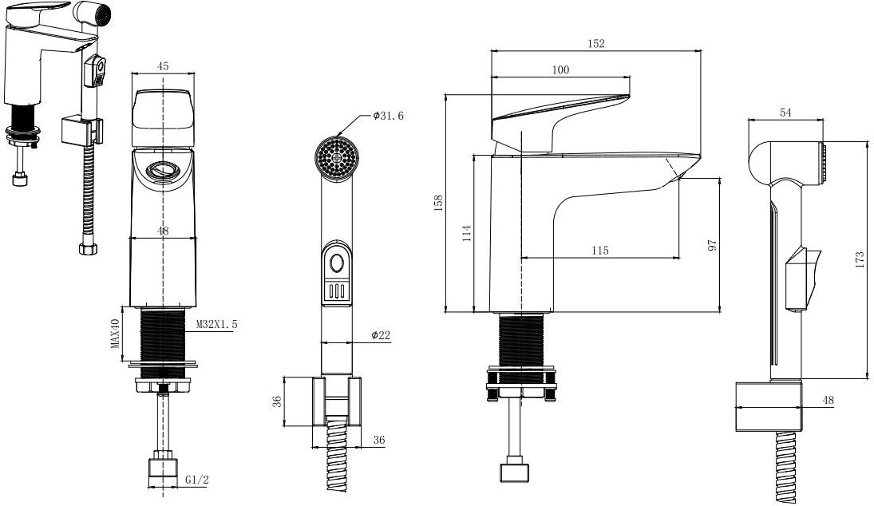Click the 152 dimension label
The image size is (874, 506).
(596, 43)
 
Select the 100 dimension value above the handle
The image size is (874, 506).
(560, 69)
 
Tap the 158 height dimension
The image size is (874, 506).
(439, 202)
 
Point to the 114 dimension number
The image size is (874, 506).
(467, 233)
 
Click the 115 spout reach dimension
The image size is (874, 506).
(599, 251)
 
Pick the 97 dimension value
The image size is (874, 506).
(712, 245)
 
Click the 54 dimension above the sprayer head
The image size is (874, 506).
(785, 113)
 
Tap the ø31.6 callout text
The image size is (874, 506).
(388, 116)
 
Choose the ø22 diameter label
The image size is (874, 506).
(381, 335)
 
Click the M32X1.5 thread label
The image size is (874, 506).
(217, 324)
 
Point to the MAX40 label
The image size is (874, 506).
(116, 334)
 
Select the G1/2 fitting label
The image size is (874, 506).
(197, 480)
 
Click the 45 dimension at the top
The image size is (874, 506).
(162, 66)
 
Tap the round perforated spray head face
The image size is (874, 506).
(337, 158)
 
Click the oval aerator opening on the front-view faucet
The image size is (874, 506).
(163, 169)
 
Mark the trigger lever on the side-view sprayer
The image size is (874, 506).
(802, 278)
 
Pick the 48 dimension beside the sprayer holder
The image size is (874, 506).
(829, 400)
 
